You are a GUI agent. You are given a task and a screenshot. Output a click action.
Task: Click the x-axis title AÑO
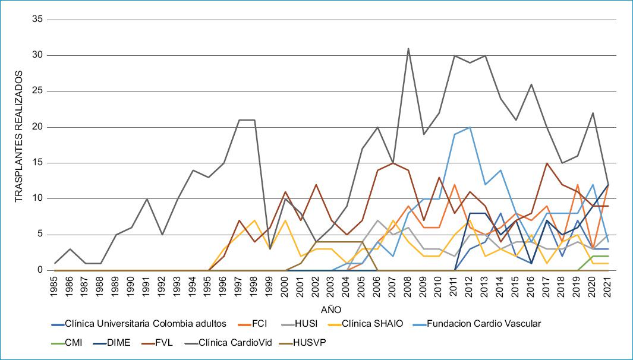click(x=331, y=310)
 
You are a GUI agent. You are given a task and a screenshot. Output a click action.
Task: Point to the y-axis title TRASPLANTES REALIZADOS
click(x=19, y=136)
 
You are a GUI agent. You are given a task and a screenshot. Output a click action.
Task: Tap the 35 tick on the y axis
click(x=39, y=20)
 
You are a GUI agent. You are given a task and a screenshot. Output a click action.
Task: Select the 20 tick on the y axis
click(x=39, y=127)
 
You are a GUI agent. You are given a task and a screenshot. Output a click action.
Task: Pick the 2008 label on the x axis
click(x=408, y=286)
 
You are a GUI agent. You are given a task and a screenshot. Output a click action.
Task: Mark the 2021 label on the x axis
click(x=608, y=286)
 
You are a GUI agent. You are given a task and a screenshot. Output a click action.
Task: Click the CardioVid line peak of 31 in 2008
click(x=408, y=48)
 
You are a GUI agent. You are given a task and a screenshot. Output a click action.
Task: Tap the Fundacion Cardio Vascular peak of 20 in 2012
click(x=470, y=127)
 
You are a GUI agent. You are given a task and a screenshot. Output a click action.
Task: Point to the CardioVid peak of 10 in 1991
click(x=147, y=198)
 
